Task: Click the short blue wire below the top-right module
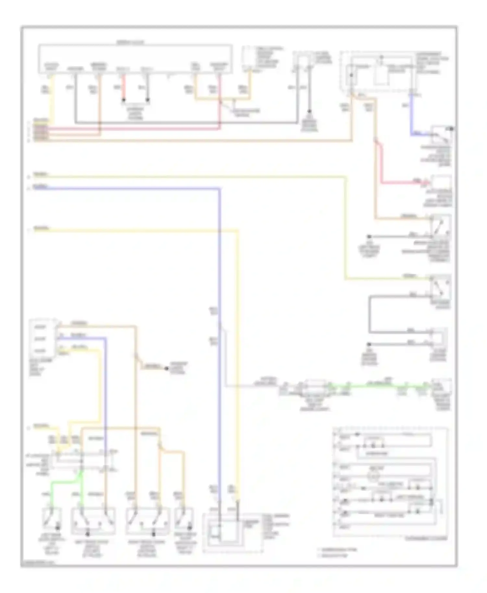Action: tap(412, 114)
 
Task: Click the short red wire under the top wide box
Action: tap(123, 88)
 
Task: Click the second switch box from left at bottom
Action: tap(93, 521)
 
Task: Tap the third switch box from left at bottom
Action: tap(148, 521)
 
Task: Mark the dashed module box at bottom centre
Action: tap(232, 532)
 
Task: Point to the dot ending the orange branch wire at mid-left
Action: tap(166, 369)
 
